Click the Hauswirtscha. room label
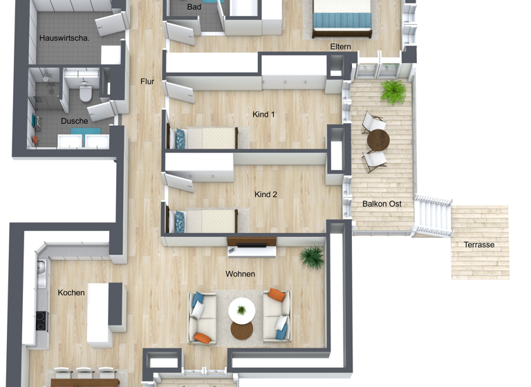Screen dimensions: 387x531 (x=64, y=38)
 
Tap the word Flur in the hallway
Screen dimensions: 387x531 (x=147, y=82)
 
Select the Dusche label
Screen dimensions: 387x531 (x=74, y=121)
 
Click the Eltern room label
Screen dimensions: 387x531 (x=341, y=47)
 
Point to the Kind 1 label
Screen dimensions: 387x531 (x=264, y=114)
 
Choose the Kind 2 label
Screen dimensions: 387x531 (x=265, y=195)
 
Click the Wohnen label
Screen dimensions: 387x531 (x=240, y=274)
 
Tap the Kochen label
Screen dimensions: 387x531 (x=71, y=293)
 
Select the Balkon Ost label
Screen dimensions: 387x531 (x=382, y=204)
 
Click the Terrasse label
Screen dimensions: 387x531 (x=480, y=245)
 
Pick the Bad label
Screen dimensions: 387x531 (x=194, y=7)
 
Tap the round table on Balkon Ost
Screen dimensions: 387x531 (x=378, y=141)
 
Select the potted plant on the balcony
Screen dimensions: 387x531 (x=393, y=92)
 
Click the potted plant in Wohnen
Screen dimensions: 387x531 (x=312, y=257)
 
